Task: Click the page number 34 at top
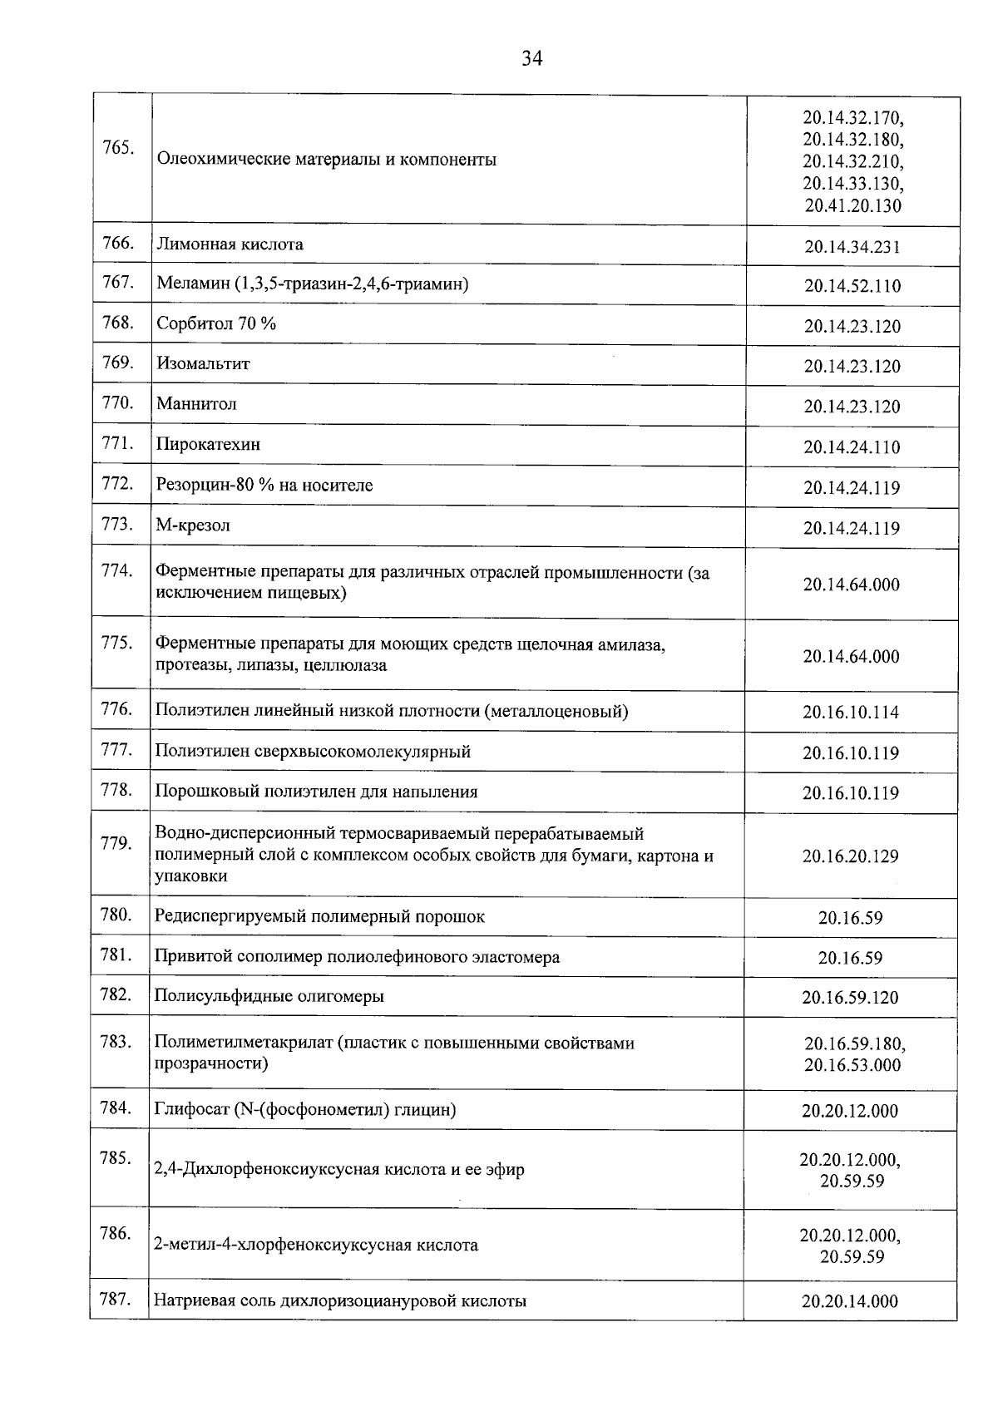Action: pyautogui.click(x=532, y=58)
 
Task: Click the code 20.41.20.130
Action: pyautogui.click(x=852, y=206)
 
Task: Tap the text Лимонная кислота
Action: pyautogui.click(x=230, y=244)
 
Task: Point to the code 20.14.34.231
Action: pyautogui.click(x=852, y=247)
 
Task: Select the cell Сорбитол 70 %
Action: pyautogui.click(x=216, y=323)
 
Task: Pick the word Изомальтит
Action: pyautogui.click(x=203, y=363)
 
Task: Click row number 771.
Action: pyautogui.click(x=117, y=443)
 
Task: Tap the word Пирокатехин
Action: pyautogui.click(x=208, y=444)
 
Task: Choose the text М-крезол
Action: pyautogui.click(x=193, y=525)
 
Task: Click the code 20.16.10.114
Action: pyautogui.click(x=851, y=713)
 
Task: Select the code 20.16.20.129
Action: pyautogui.click(x=851, y=856)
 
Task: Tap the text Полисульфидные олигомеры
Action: pyautogui.click(x=269, y=996)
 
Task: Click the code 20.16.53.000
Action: pyautogui.click(x=852, y=1066)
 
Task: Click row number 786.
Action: pyautogui.click(x=116, y=1234)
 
